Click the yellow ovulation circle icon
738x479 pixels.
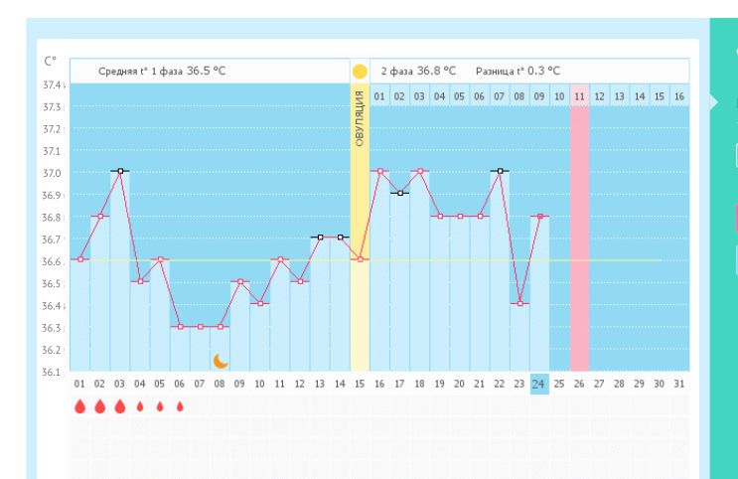(360, 72)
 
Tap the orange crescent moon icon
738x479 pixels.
(221, 360)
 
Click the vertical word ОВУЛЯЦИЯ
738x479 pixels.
(360, 118)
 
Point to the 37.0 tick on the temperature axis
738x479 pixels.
(51, 172)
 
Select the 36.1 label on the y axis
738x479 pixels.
(51, 372)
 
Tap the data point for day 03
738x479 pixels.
(120, 171)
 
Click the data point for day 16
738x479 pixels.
(379, 171)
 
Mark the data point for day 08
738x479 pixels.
(220, 326)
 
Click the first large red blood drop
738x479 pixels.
(80, 405)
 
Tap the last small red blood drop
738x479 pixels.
(180, 405)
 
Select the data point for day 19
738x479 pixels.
(439, 216)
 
